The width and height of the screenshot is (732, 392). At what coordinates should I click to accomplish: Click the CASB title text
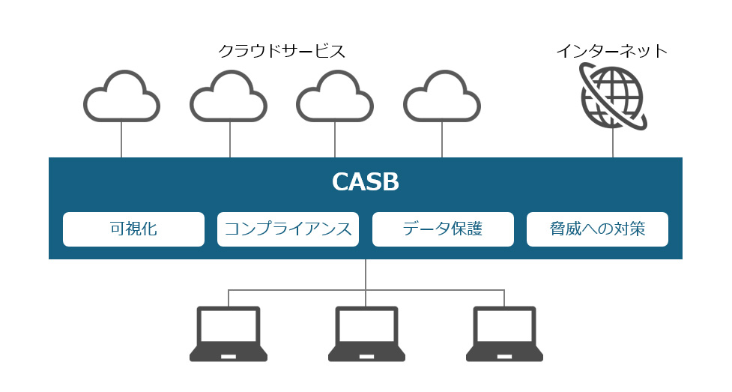click(366, 183)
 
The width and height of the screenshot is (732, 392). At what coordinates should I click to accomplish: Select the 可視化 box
click(133, 229)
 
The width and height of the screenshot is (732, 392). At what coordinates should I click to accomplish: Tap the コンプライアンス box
click(288, 229)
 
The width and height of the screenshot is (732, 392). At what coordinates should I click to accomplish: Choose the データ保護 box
click(443, 229)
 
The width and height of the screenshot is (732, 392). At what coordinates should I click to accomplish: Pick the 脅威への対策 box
click(597, 229)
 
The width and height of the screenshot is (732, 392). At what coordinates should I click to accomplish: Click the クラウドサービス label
click(282, 51)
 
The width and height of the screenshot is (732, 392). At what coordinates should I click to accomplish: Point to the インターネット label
click(612, 51)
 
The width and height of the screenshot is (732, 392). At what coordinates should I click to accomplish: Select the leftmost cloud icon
click(121, 97)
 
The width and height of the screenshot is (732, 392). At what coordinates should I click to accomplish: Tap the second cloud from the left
click(229, 97)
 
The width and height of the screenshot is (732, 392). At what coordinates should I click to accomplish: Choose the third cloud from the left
click(335, 97)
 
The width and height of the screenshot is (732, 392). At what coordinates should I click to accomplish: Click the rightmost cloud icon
click(442, 97)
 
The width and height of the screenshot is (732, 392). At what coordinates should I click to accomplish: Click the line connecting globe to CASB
click(613, 142)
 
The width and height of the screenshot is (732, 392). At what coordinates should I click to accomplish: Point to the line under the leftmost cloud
click(121, 139)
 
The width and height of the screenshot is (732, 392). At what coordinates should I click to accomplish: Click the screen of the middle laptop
click(366, 327)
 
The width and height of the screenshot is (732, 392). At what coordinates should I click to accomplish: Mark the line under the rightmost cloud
click(442, 139)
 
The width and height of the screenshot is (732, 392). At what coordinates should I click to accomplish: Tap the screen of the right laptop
click(504, 327)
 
